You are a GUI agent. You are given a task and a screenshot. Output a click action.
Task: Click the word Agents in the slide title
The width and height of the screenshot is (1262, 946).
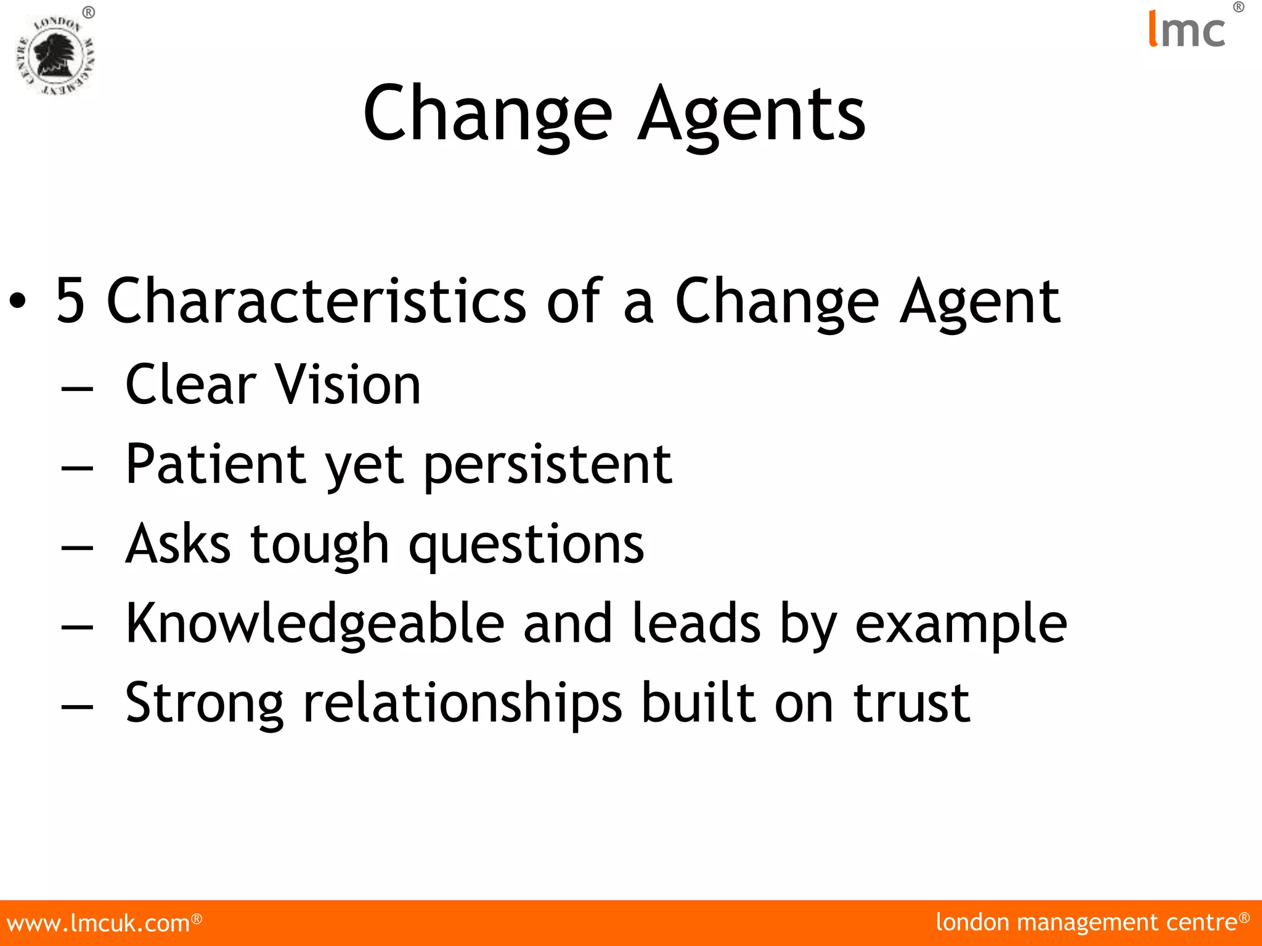[x=752, y=115]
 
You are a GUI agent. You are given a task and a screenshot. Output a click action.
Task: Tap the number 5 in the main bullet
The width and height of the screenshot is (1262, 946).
[x=70, y=301]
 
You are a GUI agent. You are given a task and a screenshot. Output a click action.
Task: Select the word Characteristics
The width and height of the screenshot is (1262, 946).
[x=316, y=301]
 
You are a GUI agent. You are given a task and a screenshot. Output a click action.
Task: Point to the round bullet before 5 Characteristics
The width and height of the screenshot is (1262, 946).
[x=18, y=301]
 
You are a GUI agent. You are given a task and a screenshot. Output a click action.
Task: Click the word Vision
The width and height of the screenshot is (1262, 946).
[x=348, y=385]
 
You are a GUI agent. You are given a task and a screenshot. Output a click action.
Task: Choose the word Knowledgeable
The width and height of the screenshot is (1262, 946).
[x=315, y=625]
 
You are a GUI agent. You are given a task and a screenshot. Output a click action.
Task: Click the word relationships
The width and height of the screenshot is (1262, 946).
[x=463, y=704]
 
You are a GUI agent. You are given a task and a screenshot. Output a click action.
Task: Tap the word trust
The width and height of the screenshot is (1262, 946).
[x=911, y=703]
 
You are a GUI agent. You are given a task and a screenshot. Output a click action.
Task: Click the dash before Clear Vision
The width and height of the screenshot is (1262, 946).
[x=78, y=389]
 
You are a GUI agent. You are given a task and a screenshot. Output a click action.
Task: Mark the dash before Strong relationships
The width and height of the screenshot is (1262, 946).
[x=78, y=707]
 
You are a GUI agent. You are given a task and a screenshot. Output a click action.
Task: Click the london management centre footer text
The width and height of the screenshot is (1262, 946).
[x=1087, y=923]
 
